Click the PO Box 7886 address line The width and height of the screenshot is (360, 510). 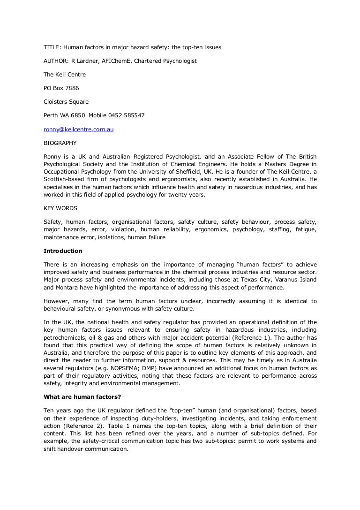(61, 88)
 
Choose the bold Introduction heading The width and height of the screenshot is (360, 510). (63, 251)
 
